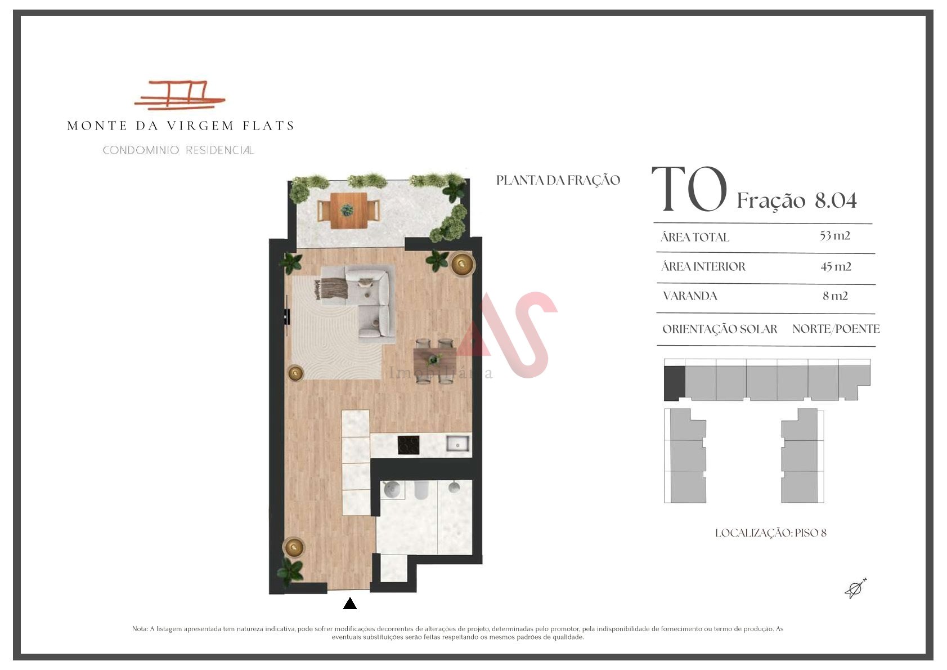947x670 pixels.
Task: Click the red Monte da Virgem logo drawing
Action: coord(179,95)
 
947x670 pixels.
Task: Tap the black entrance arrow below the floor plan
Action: coord(349,603)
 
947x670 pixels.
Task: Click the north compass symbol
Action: coord(855,588)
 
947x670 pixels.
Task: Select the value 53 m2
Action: coord(834,235)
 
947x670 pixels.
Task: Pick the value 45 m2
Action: coord(836,266)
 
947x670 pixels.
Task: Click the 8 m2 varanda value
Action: coord(835,296)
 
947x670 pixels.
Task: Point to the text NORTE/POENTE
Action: coord(836,329)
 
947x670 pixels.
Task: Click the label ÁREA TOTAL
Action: coord(694,236)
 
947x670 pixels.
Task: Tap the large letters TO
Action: coord(689,189)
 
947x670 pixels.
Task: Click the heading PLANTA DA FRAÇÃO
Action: coord(558,180)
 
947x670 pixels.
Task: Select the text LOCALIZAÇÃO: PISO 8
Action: coord(770,533)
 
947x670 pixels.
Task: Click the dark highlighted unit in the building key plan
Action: coord(674,383)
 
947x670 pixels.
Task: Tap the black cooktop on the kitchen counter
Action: coord(409,445)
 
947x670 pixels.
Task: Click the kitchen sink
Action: coord(457,444)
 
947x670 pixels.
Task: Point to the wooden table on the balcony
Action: coord(348,210)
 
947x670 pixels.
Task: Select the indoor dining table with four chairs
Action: coord(434,361)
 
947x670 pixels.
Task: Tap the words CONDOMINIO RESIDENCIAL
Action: coord(178,150)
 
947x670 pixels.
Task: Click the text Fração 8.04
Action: coord(797,200)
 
